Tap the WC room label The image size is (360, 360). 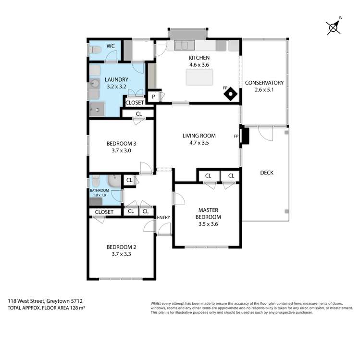(x=111, y=46)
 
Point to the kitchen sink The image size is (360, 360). (x=182, y=46)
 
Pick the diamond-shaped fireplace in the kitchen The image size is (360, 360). (x=232, y=94)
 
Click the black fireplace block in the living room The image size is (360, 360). (x=245, y=136)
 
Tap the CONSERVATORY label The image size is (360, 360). (x=264, y=83)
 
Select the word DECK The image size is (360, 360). (x=266, y=173)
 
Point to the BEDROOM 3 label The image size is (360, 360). (x=121, y=143)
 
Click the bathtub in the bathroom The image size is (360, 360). (x=113, y=182)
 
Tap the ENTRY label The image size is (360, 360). (x=163, y=218)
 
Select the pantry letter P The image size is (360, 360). (x=153, y=97)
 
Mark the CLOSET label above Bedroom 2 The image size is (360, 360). (x=104, y=212)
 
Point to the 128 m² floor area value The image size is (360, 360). (x=75, y=307)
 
